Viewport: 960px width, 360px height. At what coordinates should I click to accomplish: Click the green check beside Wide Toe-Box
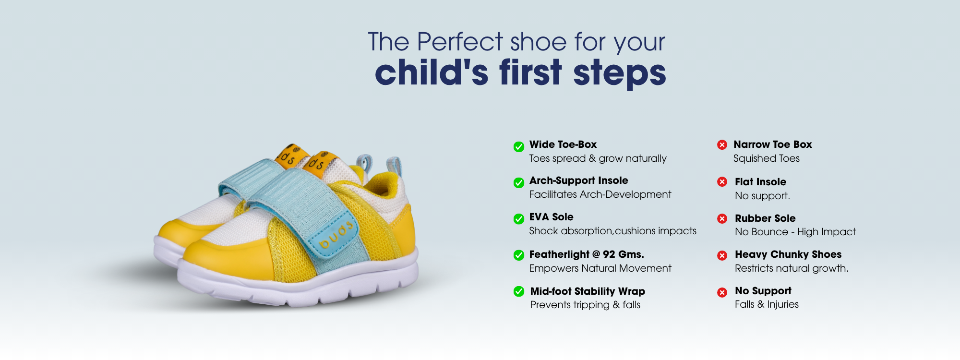(519, 147)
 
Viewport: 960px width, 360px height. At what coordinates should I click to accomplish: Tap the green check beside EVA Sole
(519, 219)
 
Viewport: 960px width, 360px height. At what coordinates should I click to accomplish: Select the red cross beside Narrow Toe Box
(722, 144)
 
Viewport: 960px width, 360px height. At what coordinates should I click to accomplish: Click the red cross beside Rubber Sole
(722, 219)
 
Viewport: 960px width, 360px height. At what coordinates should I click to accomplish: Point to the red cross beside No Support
(722, 292)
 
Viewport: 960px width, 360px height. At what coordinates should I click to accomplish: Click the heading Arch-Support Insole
(578, 180)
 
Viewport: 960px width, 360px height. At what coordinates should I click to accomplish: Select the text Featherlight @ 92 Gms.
(587, 254)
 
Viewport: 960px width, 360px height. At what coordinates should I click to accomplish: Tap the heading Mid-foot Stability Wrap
(588, 291)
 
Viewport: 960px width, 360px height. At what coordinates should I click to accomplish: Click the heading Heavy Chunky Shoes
(788, 254)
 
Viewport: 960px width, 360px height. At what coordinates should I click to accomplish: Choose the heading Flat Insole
(760, 182)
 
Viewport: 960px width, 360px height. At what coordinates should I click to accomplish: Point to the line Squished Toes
(767, 158)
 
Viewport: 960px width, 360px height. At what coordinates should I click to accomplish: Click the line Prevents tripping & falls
(585, 305)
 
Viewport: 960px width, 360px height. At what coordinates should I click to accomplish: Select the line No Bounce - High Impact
(795, 232)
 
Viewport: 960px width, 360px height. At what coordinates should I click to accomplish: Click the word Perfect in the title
(460, 42)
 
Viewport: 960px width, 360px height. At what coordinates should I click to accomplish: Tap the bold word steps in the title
(620, 73)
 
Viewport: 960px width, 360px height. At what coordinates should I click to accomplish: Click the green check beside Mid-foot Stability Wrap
(519, 291)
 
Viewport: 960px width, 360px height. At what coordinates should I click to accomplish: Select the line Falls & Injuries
(767, 304)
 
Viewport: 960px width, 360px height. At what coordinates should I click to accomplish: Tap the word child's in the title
(432, 72)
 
